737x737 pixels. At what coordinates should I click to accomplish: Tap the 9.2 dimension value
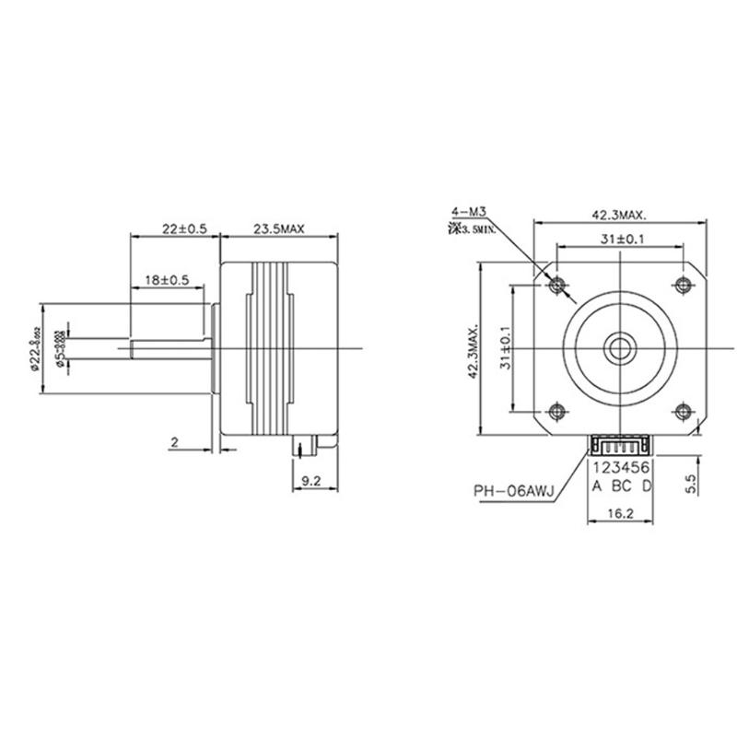coord(310,480)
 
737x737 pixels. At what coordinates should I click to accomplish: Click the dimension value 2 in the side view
coord(173,443)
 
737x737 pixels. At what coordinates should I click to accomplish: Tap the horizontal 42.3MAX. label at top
coord(618,215)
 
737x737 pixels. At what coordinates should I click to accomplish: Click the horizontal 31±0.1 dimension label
coord(618,240)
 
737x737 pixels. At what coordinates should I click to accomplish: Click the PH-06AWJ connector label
coord(513,490)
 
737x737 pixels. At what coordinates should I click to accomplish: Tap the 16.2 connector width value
coord(619,518)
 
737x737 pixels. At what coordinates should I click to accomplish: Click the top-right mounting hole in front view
coord(683,284)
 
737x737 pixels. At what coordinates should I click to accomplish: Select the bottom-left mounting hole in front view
coord(556,411)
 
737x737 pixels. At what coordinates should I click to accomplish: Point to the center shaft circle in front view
coord(619,347)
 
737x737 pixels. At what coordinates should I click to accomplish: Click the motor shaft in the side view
coord(170,347)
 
